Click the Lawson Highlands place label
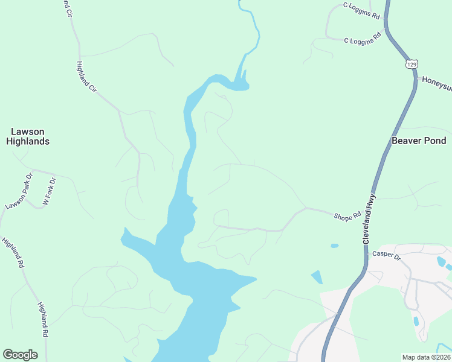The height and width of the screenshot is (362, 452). pos(28,136)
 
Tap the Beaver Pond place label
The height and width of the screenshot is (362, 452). pos(419,141)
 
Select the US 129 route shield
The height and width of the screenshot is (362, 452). pos(412,63)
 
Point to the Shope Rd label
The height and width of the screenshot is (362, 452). pos(347,215)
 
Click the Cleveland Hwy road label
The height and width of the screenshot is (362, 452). pos(370,218)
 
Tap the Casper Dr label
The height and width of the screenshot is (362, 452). pos(387,255)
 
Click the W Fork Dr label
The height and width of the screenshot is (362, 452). pos(49,191)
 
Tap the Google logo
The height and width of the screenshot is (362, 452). pos(20,355)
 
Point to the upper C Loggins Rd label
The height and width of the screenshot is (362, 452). pos(361,10)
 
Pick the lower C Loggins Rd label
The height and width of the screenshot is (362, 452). pos(363,37)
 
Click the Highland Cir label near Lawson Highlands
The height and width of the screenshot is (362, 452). pos(87,77)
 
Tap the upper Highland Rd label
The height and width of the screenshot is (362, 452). pos(13,253)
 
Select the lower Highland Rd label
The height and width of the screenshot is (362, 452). pos(43,319)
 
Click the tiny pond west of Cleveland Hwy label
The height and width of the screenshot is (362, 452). pos(335,246)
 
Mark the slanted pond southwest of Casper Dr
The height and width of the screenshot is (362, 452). pos(317,278)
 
